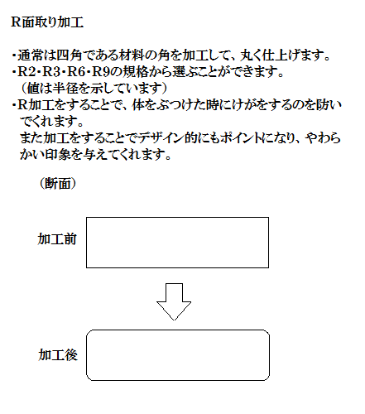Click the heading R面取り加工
[47, 22]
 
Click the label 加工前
[57, 239]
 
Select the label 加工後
[58, 355]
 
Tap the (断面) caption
[58, 183]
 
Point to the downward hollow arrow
[174, 301]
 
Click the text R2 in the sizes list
[26, 72]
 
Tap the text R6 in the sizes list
[76, 72]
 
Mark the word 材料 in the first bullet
[132, 55]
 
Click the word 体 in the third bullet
[138, 105]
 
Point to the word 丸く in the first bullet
[251, 55]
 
